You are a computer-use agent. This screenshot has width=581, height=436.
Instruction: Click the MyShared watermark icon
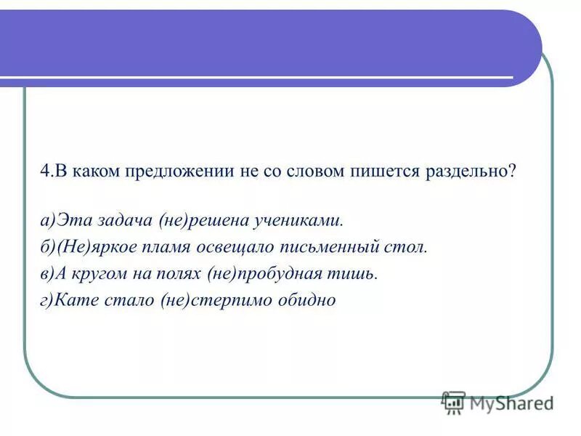click(x=453, y=401)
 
